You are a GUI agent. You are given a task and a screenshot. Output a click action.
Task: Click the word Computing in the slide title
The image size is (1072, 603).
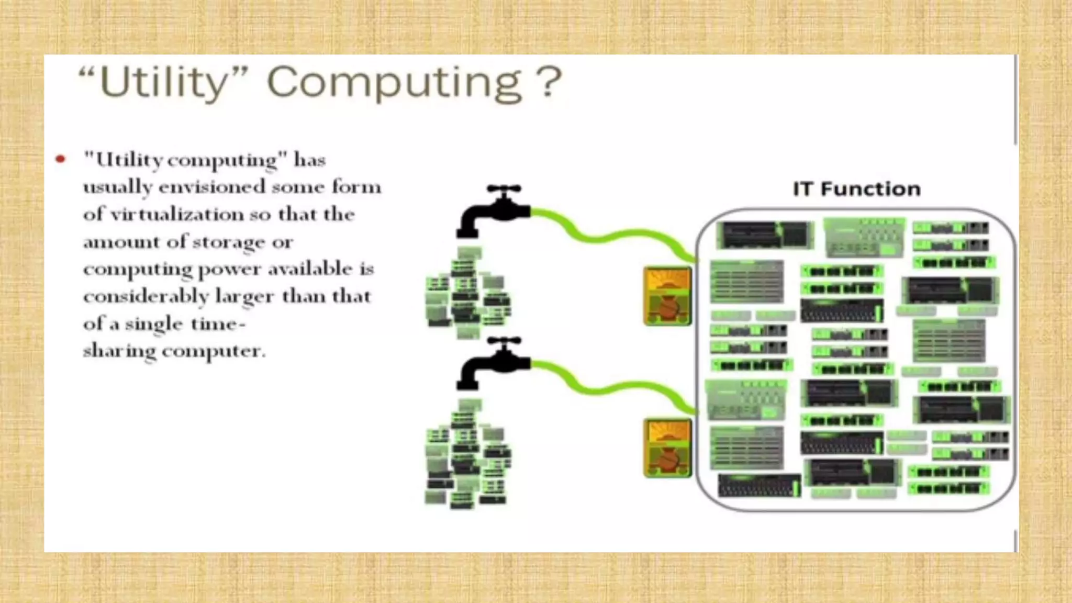point(394,83)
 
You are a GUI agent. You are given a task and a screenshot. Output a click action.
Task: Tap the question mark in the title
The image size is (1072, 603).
point(549,83)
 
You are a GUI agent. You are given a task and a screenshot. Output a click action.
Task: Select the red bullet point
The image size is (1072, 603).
point(61,159)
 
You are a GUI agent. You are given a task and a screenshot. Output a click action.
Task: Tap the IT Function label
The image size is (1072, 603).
point(856,189)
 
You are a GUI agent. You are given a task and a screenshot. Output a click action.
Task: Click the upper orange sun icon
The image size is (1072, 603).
point(667,296)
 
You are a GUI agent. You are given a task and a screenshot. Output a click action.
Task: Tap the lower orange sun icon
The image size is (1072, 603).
point(667,448)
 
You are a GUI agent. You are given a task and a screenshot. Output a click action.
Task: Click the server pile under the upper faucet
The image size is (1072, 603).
point(467,293)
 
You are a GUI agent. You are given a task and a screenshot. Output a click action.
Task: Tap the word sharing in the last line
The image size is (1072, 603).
point(119,351)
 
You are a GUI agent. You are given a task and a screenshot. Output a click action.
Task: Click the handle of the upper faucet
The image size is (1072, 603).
point(504,188)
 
